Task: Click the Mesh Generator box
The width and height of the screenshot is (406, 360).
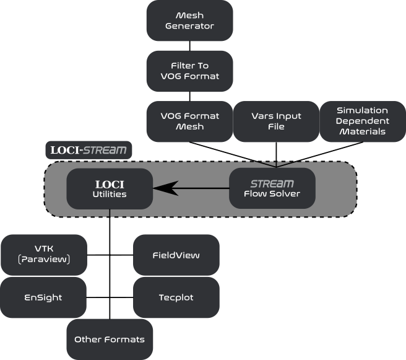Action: pos(189,20)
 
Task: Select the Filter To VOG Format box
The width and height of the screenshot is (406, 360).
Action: pos(189,71)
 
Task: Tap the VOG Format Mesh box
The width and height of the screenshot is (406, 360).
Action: pos(189,121)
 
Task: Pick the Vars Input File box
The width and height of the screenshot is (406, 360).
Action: pos(276,121)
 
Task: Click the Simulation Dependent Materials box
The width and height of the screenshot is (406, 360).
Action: pos(362,121)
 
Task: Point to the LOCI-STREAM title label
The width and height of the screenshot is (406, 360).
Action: pos(89,150)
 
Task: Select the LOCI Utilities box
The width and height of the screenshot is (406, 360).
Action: pos(110,188)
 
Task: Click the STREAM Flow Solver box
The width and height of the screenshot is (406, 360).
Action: pos(272,188)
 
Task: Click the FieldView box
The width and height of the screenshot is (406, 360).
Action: pos(176,255)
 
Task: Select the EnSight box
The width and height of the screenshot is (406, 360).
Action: pos(44,297)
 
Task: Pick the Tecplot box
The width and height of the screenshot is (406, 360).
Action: pos(176,297)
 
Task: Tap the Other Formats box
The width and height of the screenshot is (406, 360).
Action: pos(110,340)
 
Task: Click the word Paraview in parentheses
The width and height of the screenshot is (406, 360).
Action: pos(44,260)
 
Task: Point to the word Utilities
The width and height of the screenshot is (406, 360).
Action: pos(110,195)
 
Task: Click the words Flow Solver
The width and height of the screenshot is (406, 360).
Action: pos(272,195)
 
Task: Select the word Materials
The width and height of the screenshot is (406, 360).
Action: pos(362,131)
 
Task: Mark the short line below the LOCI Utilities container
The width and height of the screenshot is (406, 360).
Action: pos(110,213)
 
